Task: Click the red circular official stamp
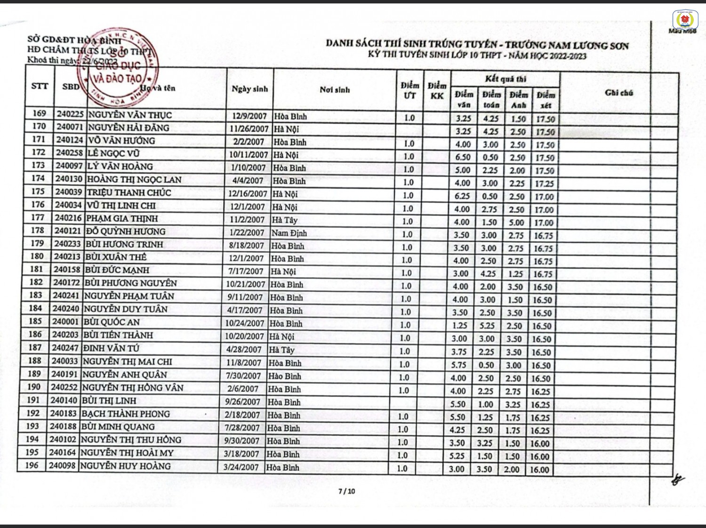coord(123,67)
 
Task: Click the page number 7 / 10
coord(347,491)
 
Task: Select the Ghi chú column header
coord(618,93)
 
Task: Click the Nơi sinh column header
coord(335,90)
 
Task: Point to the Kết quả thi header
coord(505,79)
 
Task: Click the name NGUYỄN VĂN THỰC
coord(130,115)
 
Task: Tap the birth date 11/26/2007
coord(249,129)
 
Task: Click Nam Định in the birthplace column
coord(289,233)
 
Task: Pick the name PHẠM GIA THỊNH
coord(122,218)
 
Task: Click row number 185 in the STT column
coord(35,321)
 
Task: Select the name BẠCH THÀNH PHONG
coord(125,414)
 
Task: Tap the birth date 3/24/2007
coord(241,467)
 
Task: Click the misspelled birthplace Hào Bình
coord(284,376)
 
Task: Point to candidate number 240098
coord(62,465)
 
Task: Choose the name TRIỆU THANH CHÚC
coord(129,192)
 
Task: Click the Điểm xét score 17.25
coord(545,184)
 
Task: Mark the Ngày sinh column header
coord(249,89)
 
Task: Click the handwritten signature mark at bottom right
coord(678,480)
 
